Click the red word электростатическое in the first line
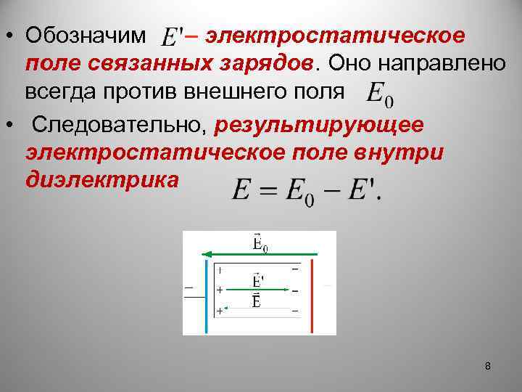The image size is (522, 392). (335, 35)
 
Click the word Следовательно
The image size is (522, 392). (120, 124)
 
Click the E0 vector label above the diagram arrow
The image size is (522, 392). (260, 242)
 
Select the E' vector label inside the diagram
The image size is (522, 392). (257, 280)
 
